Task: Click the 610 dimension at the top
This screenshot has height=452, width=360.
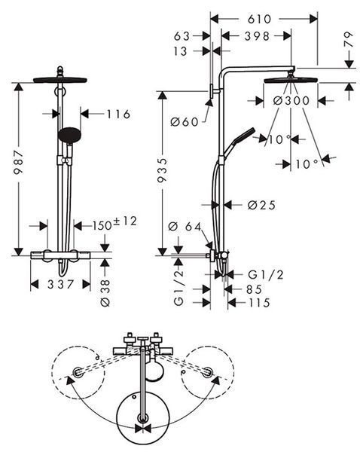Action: click(259, 19)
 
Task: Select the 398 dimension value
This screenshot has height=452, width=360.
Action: click(257, 36)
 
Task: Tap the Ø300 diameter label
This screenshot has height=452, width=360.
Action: click(291, 101)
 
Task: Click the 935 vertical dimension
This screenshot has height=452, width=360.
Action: click(162, 169)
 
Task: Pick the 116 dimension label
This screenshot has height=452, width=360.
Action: click(118, 115)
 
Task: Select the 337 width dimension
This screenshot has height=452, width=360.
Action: click(61, 285)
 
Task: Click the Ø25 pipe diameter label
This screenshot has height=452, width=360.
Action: click(261, 205)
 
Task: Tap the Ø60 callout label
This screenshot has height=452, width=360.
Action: click(185, 122)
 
